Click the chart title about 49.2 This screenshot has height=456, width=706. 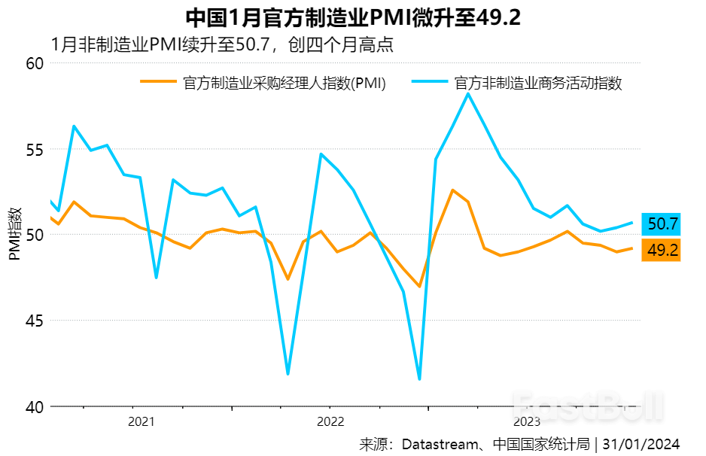pos(352,17)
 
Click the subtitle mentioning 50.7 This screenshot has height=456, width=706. pos(223,44)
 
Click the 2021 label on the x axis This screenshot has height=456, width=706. pos(142,421)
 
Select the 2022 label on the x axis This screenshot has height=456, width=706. pos(330,421)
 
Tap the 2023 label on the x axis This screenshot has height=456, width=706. pos(527,421)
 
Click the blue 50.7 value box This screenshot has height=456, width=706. pos(662,223)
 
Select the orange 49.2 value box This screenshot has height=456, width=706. pos(662,251)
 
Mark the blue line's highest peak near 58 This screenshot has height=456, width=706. pos(468,93)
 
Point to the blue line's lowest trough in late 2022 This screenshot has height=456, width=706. pos(419,378)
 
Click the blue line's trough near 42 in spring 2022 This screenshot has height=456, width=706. pos(288,373)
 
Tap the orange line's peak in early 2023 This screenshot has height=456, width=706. pos(452,190)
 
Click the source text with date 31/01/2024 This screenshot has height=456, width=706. pos(519,443)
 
